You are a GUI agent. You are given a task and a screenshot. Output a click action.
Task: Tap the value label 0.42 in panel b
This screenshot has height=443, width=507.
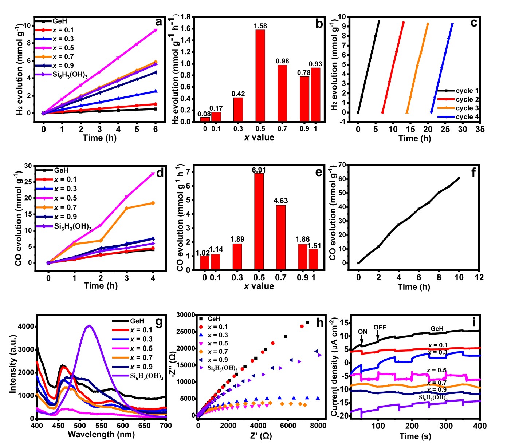coord(238,94)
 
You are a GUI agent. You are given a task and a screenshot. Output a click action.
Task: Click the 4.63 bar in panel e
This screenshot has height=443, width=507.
coord(281,237)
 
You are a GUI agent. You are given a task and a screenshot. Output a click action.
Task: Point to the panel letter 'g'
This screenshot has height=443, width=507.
coord(159,322)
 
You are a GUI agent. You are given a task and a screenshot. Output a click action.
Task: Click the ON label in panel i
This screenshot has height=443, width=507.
coord(362,332)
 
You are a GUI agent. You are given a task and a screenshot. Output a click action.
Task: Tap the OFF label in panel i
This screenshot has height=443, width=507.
coord(380,327)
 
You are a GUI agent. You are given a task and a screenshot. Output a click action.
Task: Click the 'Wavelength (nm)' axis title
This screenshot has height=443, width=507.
coord(101,434)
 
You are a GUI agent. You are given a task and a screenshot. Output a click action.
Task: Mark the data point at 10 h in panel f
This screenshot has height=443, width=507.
coord(459,178)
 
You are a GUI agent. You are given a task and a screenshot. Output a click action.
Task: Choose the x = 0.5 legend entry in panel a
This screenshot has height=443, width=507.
coord(63,48)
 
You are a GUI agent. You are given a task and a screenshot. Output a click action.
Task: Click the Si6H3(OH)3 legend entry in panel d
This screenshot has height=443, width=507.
coord(72,226)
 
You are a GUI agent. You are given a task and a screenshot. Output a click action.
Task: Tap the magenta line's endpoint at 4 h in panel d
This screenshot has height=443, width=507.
coord(153,174)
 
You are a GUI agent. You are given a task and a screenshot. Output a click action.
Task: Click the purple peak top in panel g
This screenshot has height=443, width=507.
coord(89,326)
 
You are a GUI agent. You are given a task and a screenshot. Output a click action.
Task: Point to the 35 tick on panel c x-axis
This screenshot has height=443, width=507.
coord(480,129)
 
